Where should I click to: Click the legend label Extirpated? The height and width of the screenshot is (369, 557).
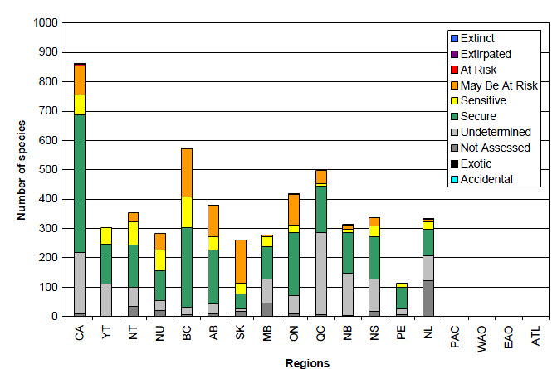(486, 54)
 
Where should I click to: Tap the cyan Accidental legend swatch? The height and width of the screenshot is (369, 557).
(452, 179)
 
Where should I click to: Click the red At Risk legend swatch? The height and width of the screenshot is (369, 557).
(452, 70)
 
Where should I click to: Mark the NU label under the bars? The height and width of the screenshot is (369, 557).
(159, 332)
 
